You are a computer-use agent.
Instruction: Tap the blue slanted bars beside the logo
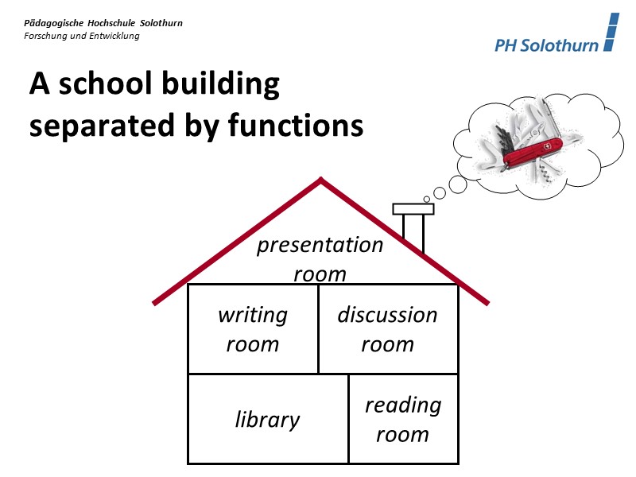(x=611, y=33)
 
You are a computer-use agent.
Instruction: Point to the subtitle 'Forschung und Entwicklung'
(x=82, y=36)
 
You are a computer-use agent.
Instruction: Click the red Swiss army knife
(x=531, y=150)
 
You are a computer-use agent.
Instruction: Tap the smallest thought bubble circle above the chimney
(x=427, y=198)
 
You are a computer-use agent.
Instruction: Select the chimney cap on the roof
(x=413, y=209)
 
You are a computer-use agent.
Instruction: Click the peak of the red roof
(x=320, y=181)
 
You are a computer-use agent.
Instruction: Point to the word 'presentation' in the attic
(x=320, y=245)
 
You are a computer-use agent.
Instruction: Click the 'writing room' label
(x=253, y=329)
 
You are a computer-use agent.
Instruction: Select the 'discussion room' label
(x=387, y=329)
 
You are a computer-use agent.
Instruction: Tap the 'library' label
(x=267, y=420)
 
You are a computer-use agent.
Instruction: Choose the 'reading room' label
(x=402, y=420)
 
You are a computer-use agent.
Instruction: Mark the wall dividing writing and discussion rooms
(x=319, y=329)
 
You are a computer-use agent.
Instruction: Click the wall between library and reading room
(x=349, y=419)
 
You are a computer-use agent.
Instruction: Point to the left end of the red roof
(x=156, y=302)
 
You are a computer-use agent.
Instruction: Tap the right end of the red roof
(x=485, y=301)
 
